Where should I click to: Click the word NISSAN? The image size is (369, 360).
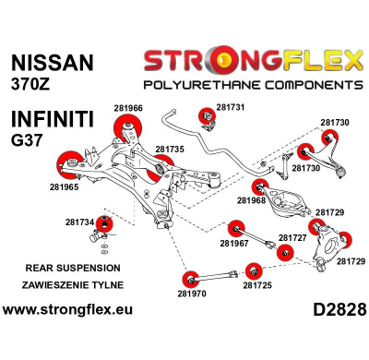tap(50, 63)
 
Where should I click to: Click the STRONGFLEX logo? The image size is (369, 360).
tap(252, 63)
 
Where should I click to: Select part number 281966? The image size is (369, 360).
tap(127, 108)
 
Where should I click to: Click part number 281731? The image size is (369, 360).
tap(231, 107)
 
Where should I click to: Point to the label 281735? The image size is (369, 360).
tap(170, 148)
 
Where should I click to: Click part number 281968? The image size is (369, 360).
tap(251, 199)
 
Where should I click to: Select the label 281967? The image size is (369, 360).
tap(234, 244)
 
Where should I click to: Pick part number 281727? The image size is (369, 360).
tap(292, 237)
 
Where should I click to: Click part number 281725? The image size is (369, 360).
tap(257, 285)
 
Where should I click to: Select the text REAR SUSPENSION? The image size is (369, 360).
tap(61, 268)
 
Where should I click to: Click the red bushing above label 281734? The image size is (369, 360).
tap(106, 224)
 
